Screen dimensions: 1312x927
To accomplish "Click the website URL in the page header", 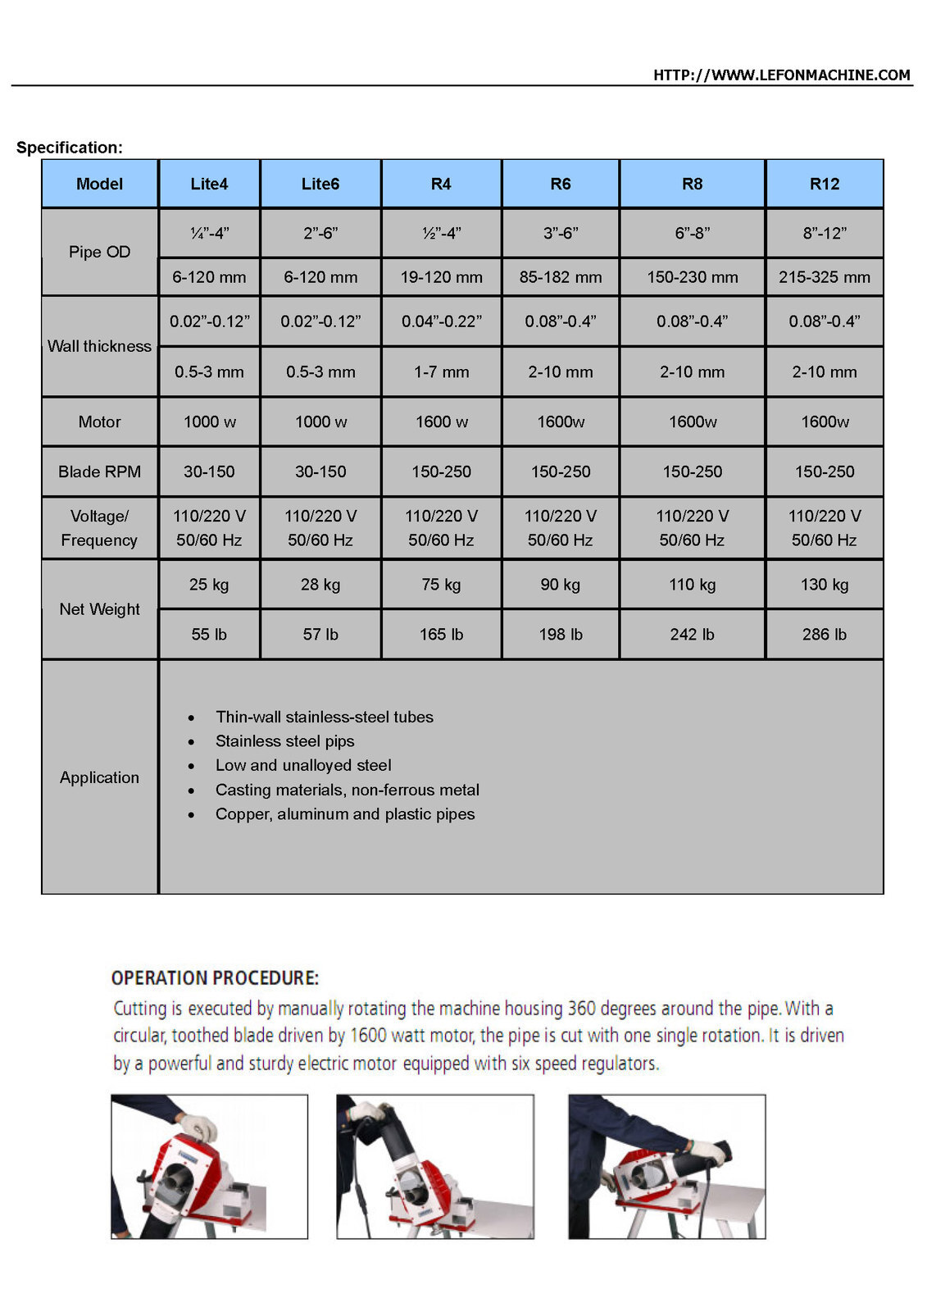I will click(781, 75).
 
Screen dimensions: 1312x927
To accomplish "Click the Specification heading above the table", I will click(70, 148).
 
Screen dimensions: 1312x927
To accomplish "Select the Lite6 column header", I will click(320, 184).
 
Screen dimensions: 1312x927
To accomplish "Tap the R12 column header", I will click(825, 184).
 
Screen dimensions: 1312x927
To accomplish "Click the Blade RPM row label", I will click(99, 471).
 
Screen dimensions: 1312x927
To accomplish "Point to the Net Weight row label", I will click(99, 609).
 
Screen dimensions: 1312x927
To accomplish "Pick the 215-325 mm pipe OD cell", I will click(825, 277).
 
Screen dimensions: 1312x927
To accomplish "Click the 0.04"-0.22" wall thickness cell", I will click(441, 321).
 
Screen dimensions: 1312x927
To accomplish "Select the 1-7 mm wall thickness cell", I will click(441, 371).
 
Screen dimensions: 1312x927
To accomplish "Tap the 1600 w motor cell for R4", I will click(441, 421).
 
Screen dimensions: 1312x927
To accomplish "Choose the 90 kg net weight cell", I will click(560, 585).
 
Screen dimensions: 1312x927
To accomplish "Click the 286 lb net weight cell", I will click(825, 634).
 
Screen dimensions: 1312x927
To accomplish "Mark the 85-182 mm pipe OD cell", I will click(560, 277).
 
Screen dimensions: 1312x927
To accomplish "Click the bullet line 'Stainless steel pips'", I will click(284, 741).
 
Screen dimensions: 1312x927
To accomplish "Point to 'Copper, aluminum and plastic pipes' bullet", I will click(345, 814).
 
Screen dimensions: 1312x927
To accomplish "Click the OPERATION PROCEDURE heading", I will click(215, 977).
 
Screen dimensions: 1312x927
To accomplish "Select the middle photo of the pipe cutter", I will click(435, 1166).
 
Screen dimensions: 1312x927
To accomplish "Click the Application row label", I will click(99, 777).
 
